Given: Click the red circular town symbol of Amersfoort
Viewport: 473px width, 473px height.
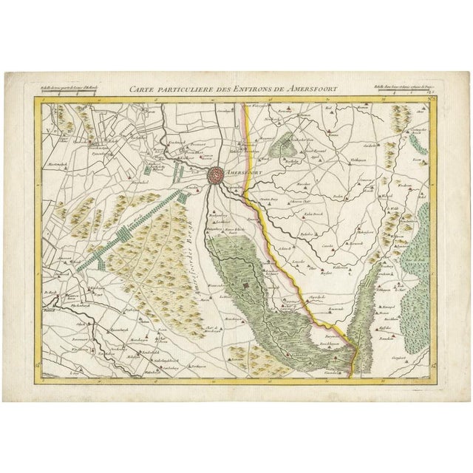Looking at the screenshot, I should [x=216, y=174].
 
